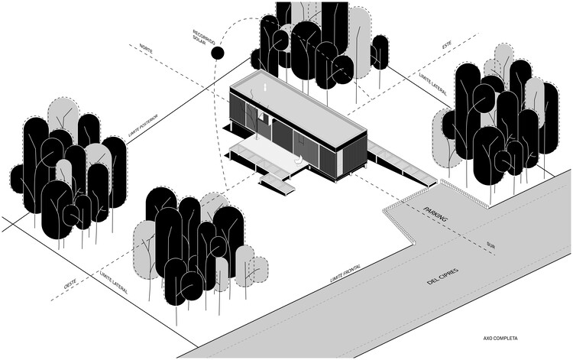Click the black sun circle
click(x=218, y=53)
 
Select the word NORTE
click(x=146, y=50)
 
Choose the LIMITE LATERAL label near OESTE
click(x=112, y=282)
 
